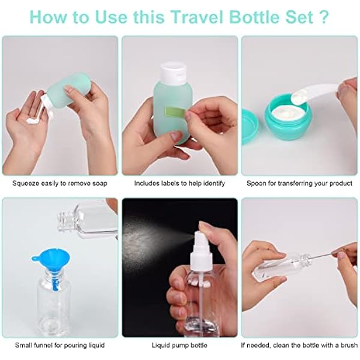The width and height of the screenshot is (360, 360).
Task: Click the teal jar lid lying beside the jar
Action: point(250,127)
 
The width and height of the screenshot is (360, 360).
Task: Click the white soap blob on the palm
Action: point(32,120)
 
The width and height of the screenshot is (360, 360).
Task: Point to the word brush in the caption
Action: point(349,345)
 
